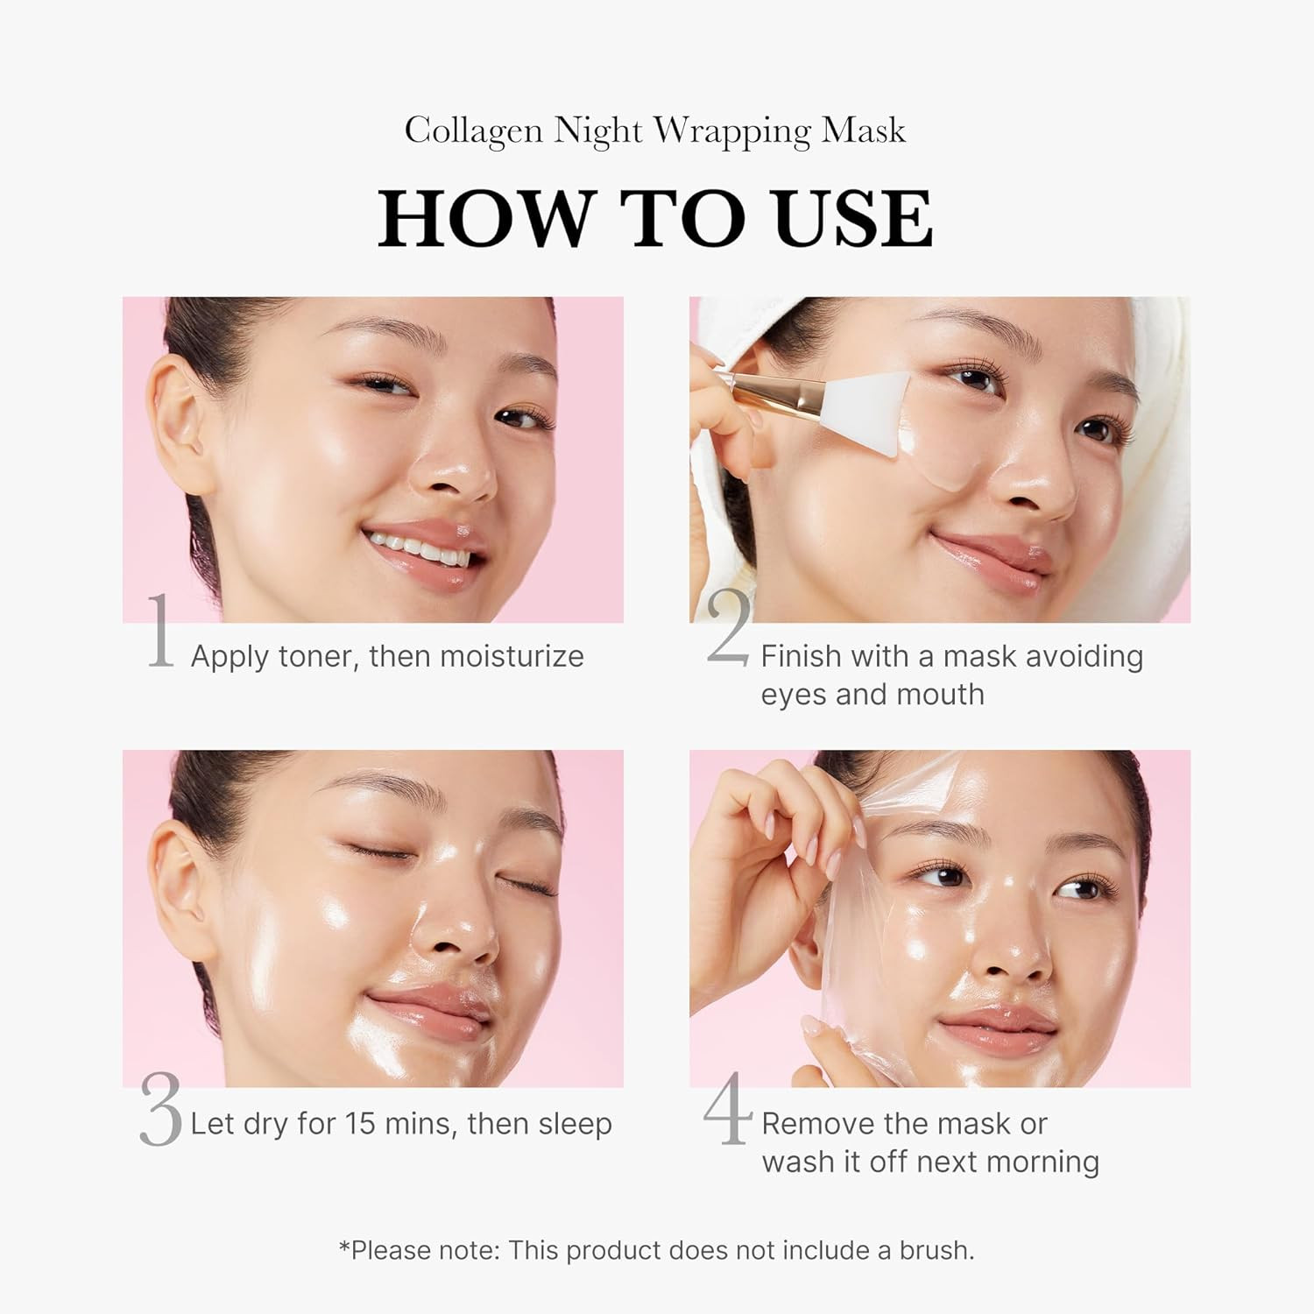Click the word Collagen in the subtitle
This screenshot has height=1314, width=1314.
coord(472,131)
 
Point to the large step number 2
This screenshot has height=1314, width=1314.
coord(728,629)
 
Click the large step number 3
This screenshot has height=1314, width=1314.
coord(160,1111)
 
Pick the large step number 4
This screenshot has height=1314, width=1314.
coord(728,1108)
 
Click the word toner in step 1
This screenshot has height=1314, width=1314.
coord(318,656)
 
